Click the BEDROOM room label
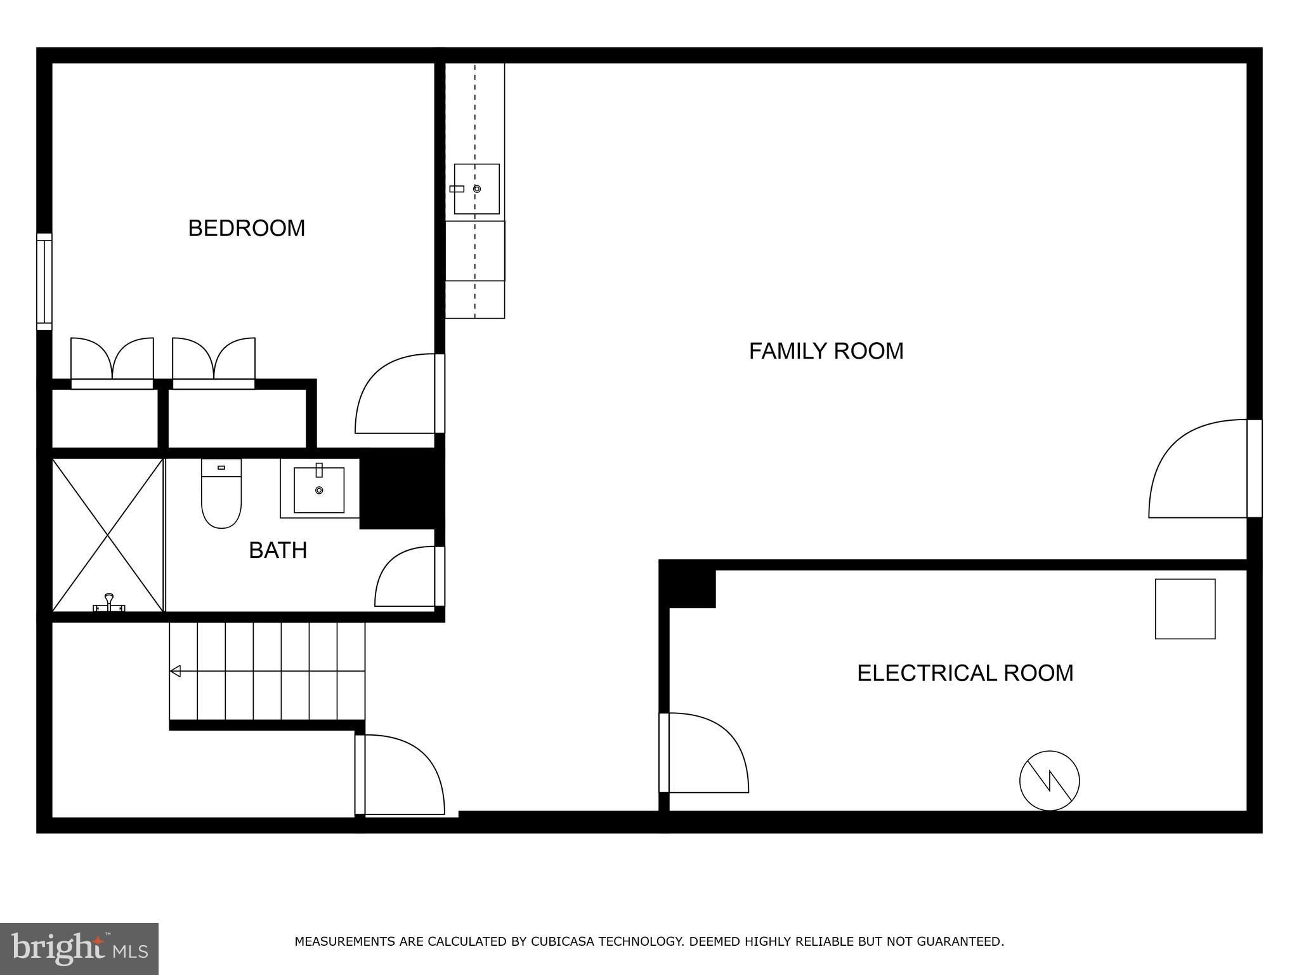click(247, 228)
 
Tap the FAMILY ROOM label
click(826, 351)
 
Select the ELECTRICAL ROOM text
click(965, 673)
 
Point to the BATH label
click(278, 550)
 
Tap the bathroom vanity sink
click(319, 489)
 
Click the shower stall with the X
click(108, 535)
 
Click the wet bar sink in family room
click(476, 189)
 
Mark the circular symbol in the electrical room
click(1049, 780)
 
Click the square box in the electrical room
click(1185, 608)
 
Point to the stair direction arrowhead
click(175, 671)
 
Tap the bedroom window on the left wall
click(44, 281)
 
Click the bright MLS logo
click(79, 949)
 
